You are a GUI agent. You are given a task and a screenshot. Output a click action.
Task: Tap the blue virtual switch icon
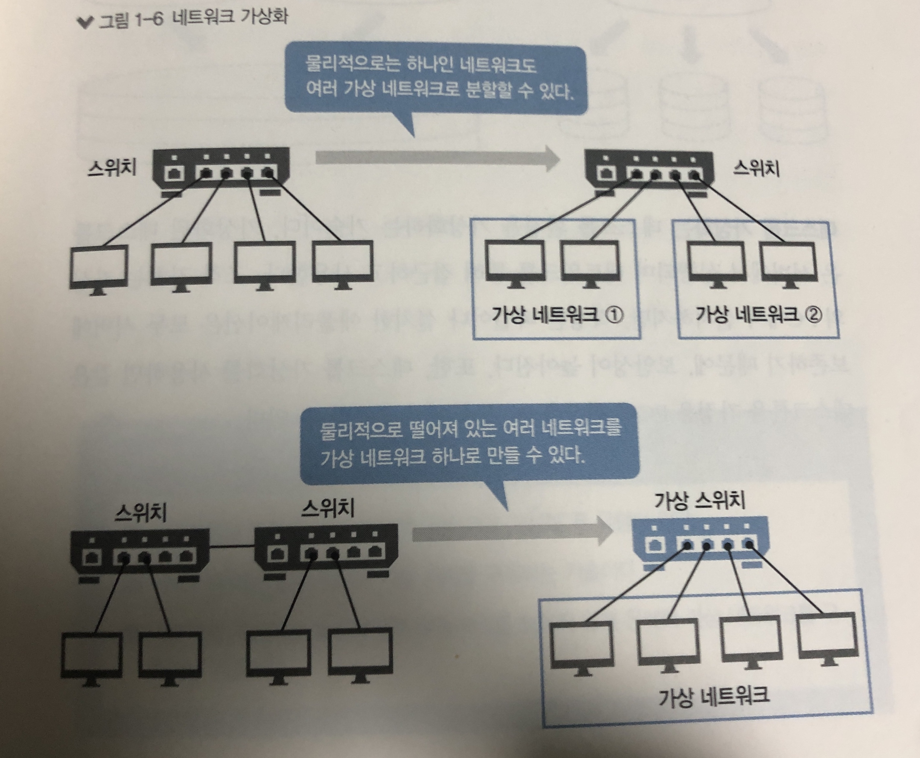tap(700, 544)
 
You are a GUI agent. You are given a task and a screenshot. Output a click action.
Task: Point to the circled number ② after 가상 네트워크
tap(813, 314)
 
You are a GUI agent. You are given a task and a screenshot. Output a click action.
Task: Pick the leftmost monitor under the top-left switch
tap(99, 267)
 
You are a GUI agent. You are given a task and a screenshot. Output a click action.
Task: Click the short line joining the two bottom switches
tap(232, 546)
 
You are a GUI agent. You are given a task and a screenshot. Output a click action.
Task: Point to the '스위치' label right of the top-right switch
tap(756, 168)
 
